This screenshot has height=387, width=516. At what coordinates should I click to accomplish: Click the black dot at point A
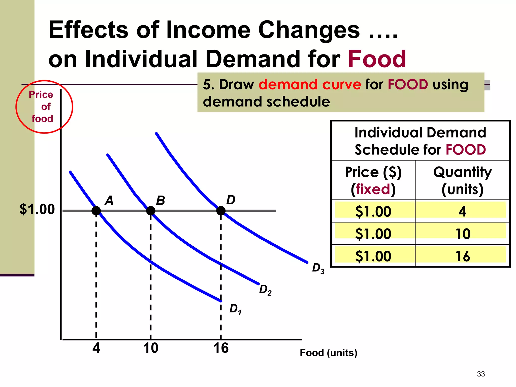coord(96,211)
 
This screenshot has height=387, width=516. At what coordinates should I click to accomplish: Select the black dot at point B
coord(151,211)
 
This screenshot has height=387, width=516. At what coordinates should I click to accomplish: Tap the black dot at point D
coord(221,211)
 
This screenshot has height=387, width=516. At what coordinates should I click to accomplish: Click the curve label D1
coord(235,309)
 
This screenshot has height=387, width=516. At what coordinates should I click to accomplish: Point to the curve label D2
coord(265,290)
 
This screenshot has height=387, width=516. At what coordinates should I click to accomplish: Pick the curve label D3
coord(318,268)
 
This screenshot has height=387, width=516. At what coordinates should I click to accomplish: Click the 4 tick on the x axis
coord(96,348)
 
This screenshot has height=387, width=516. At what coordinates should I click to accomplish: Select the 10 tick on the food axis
coord(151,348)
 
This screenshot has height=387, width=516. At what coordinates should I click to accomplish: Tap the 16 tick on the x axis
coord(221,348)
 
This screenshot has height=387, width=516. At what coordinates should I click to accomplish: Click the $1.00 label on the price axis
coord(37,209)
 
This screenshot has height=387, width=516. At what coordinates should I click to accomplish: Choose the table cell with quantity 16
coord(462,256)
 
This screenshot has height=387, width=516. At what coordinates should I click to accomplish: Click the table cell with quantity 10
coord(462,234)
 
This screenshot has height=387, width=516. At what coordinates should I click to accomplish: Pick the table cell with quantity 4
coord(462,211)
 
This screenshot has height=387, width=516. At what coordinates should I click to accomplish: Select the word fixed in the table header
coord(373,189)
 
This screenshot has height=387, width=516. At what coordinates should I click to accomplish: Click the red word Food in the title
coord(377,59)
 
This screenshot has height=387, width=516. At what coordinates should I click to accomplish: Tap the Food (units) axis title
coord(328,353)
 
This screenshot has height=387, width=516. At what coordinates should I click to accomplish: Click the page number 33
coord(481,374)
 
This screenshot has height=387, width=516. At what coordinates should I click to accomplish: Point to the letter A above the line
coord(109,201)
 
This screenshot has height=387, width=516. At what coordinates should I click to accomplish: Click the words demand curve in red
coord(310,84)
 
